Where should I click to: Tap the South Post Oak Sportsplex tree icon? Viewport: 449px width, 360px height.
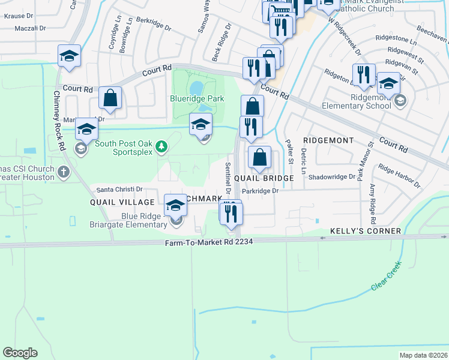pos(161,146)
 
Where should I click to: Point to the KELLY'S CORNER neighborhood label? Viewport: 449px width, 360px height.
pos(366,231)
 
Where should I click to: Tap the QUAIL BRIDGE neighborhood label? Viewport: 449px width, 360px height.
pos(264,178)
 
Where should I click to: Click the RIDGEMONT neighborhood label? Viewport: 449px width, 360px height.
pos(328,140)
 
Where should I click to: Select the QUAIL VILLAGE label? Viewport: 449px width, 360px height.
pos(122,202)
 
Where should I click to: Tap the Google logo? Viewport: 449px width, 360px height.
pos(20,353)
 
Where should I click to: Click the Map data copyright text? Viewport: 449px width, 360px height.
pos(423,355)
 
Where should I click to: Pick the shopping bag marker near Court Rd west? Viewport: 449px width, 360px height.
pos(110,98)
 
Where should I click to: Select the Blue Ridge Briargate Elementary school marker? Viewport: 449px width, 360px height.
pos(175,206)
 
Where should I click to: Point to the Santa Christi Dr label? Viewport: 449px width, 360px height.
pos(119,189)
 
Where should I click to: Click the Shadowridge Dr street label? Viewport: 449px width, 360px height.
pos(331,177)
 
